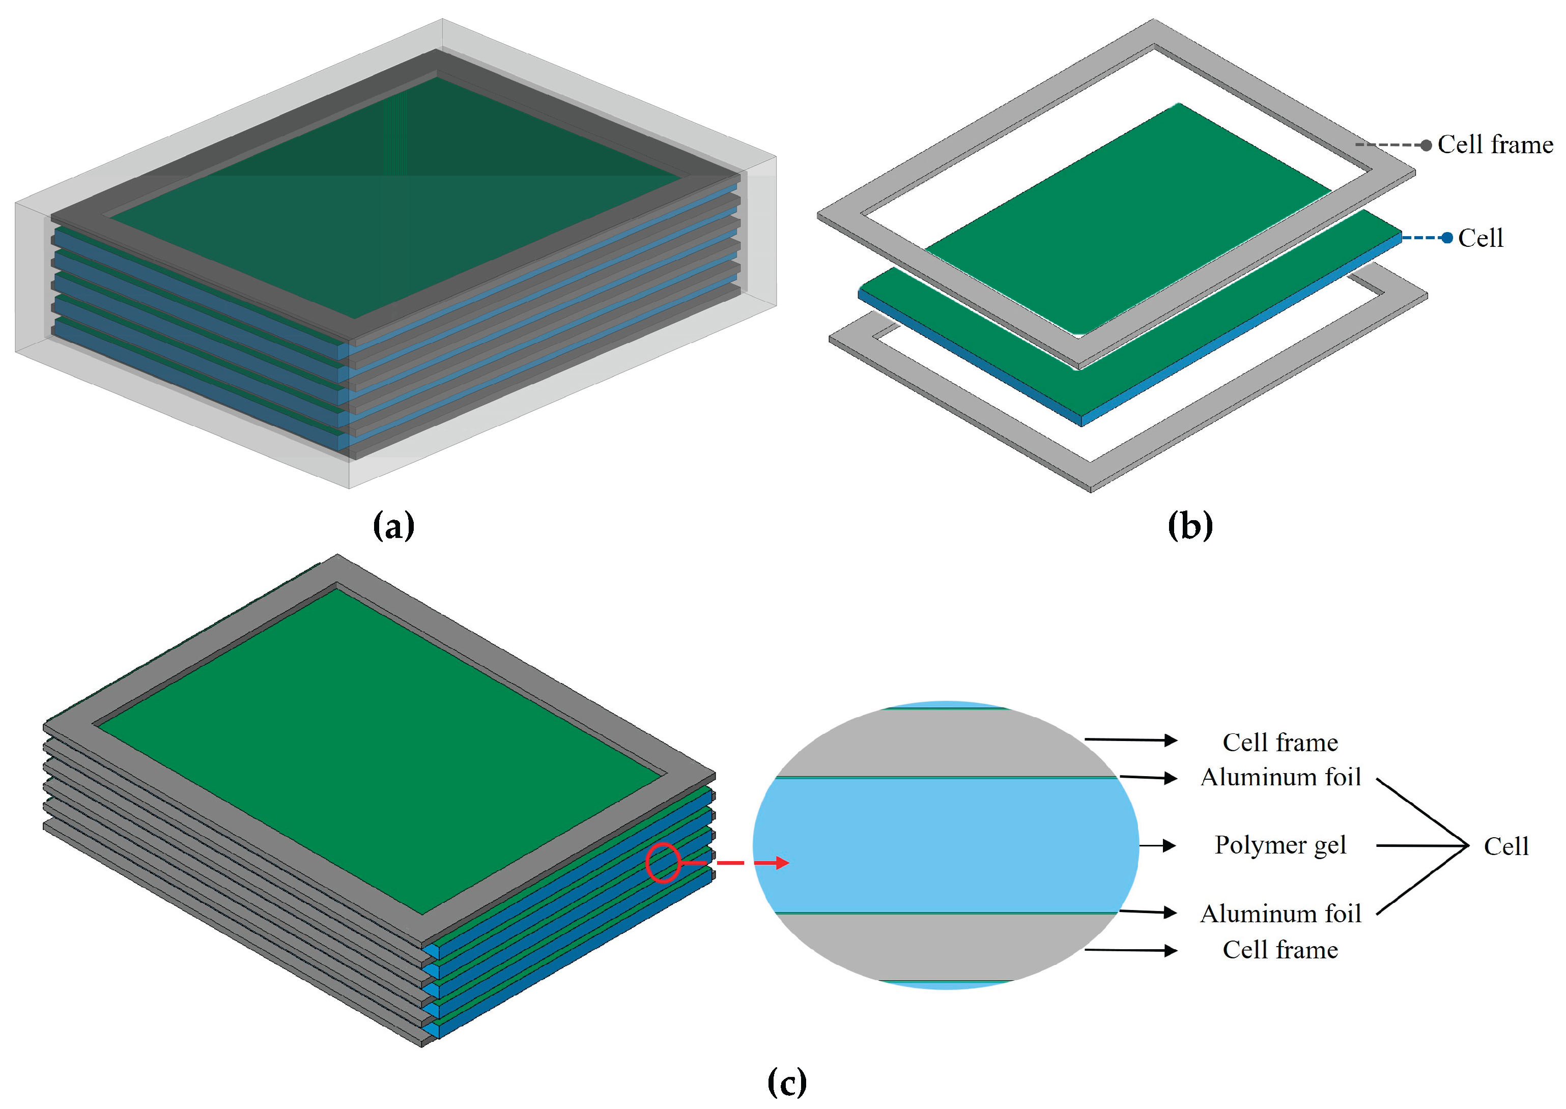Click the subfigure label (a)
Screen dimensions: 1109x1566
393,526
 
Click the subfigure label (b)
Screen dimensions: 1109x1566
1190,526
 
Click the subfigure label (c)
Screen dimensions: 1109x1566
787,1083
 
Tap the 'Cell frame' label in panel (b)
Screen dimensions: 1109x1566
1495,145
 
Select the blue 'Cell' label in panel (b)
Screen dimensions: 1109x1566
1480,238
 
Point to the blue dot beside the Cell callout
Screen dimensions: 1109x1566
1446,238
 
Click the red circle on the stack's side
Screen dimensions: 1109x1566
663,863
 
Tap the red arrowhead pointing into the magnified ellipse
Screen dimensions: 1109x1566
781,863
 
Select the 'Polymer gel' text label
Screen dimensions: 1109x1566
1280,845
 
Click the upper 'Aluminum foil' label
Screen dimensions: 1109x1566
1280,777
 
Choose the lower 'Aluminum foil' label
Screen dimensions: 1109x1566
1280,914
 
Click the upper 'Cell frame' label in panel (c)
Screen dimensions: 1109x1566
1280,742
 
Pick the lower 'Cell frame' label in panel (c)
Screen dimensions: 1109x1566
1280,950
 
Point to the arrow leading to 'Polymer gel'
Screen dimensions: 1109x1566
1158,846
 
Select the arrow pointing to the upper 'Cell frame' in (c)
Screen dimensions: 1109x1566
1131,740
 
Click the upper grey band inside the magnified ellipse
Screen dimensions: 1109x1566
946,743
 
